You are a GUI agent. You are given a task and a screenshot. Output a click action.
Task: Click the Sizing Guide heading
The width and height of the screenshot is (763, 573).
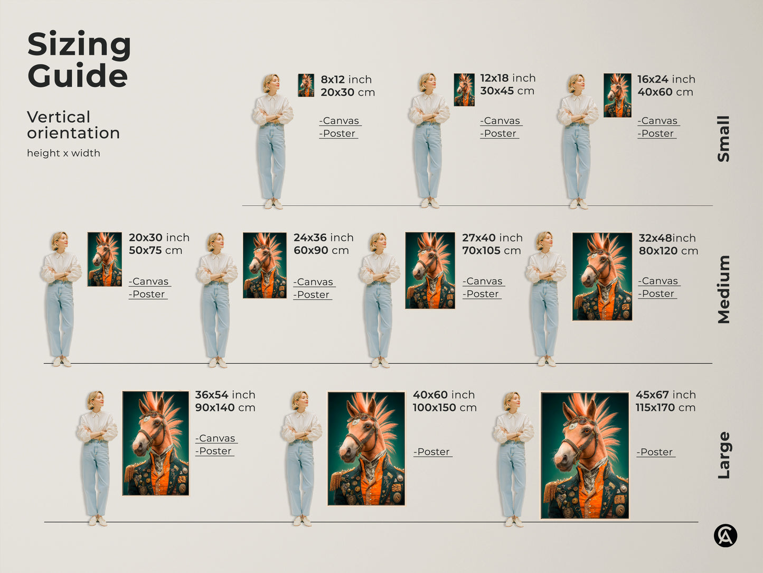pos(79,60)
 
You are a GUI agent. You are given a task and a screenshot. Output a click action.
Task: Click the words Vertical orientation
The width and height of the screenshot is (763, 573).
pos(73,125)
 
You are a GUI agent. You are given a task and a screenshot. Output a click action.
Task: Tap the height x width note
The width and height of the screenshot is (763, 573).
pos(63,153)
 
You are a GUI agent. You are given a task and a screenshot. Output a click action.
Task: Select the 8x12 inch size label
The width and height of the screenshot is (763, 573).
pos(346,79)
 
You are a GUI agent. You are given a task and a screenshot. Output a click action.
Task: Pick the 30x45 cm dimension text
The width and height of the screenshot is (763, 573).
pos(507,91)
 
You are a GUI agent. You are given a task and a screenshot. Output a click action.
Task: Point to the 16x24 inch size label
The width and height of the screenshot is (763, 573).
pos(666,79)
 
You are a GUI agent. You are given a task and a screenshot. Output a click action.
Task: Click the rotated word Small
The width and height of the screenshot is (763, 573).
pos(723,138)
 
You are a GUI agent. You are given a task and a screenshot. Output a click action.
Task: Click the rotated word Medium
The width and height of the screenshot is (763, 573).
pos(723,289)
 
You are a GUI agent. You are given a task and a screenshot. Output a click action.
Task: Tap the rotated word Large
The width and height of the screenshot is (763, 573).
pos(723,455)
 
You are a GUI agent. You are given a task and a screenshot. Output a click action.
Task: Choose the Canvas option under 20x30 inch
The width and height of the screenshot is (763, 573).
pos(149,282)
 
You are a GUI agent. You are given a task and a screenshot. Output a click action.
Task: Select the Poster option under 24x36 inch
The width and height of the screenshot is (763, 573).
pos(313,295)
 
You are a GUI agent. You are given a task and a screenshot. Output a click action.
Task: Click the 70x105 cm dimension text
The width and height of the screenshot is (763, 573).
pos(491,251)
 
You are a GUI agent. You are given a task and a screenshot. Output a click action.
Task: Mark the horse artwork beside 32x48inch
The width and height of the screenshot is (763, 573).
pos(602,276)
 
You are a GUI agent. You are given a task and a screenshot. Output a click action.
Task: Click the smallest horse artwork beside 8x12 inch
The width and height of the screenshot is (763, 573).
pos(306,85)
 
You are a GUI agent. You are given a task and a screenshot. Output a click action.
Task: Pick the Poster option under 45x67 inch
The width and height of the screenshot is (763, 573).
pos(656,452)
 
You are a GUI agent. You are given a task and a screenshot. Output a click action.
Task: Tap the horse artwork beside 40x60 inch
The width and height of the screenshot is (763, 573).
pos(366,448)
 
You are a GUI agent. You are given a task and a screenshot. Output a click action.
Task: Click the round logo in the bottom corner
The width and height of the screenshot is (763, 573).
pos(726,535)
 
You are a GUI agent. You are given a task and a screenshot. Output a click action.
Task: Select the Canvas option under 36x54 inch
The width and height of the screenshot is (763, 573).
pos(216,439)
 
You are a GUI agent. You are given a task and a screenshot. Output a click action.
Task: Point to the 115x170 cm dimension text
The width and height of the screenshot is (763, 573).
pos(665,408)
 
